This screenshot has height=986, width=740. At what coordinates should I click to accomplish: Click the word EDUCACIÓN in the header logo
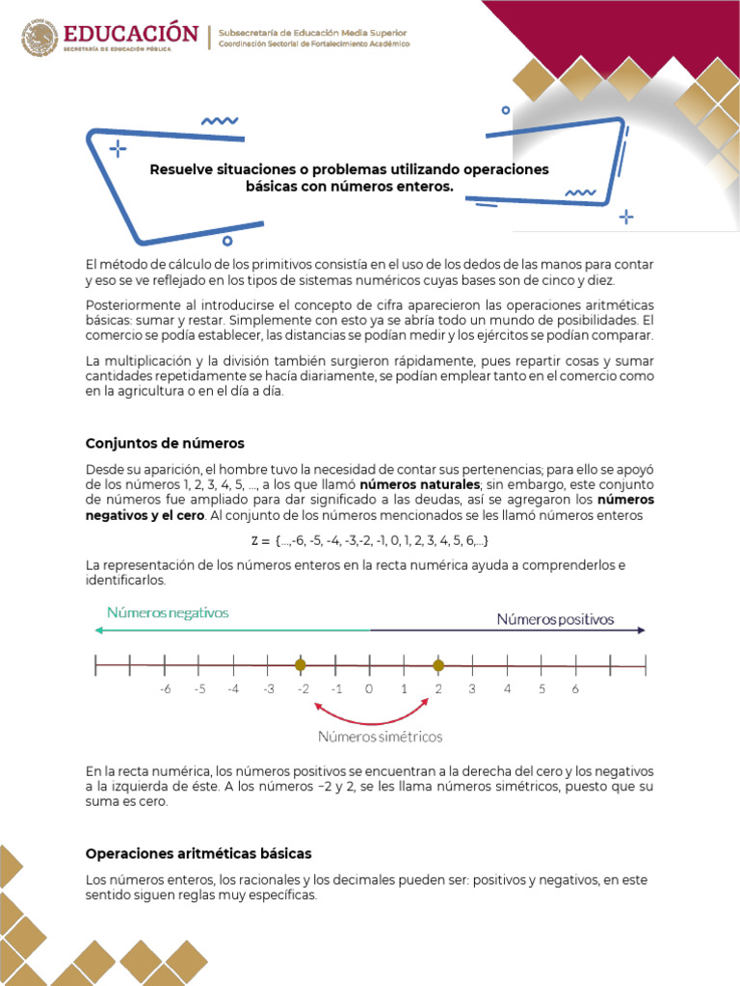(x=132, y=35)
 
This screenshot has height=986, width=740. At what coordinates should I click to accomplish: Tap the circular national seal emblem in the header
(x=40, y=39)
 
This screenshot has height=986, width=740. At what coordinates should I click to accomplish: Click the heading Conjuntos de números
(x=165, y=443)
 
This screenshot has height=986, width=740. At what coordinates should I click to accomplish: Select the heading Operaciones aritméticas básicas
(x=198, y=854)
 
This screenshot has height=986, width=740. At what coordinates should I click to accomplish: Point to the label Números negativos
(x=168, y=612)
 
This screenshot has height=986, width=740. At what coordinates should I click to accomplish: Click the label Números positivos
(x=555, y=619)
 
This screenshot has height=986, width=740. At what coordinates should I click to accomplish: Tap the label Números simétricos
(x=381, y=737)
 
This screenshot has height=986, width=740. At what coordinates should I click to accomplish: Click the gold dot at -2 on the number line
(x=301, y=665)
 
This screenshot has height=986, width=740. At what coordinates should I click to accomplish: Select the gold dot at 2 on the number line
(x=438, y=665)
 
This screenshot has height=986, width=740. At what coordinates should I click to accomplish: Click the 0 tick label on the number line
(x=369, y=688)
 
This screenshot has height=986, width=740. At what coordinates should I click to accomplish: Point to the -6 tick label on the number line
(x=164, y=688)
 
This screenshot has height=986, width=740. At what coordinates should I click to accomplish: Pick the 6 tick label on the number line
(x=575, y=688)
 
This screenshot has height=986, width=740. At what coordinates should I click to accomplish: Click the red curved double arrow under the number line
(x=370, y=714)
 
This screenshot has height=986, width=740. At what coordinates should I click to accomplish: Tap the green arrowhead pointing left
(x=98, y=630)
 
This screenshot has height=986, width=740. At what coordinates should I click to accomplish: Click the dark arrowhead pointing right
(x=641, y=630)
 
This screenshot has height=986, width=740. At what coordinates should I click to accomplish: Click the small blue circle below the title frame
(x=227, y=241)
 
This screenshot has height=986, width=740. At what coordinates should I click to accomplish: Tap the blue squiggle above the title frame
(x=220, y=121)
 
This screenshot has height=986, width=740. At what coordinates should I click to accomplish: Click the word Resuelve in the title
(x=181, y=169)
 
